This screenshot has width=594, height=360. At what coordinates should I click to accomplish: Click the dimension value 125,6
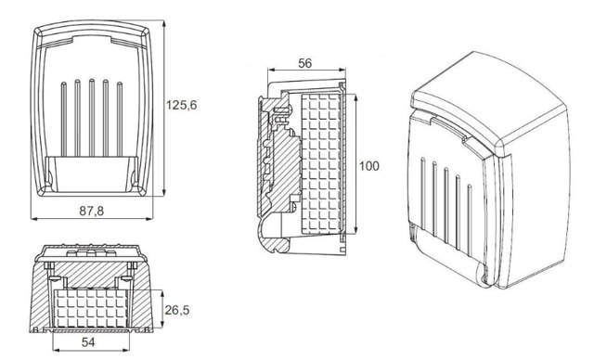[x=181, y=105]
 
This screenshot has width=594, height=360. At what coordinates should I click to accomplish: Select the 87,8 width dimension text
[x=92, y=212]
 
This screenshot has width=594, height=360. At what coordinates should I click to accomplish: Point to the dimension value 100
[x=368, y=165]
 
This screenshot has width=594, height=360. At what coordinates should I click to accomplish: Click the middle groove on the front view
[x=92, y=119]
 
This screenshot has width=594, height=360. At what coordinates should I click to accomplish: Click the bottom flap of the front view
[x=92, y=174]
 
